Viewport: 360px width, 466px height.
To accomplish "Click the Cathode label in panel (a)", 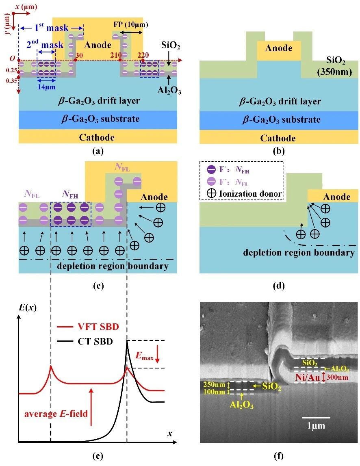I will [x=97, y=137].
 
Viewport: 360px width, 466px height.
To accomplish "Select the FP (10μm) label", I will [x=131, y=24].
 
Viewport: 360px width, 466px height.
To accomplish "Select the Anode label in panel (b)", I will [x=278, y=48].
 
